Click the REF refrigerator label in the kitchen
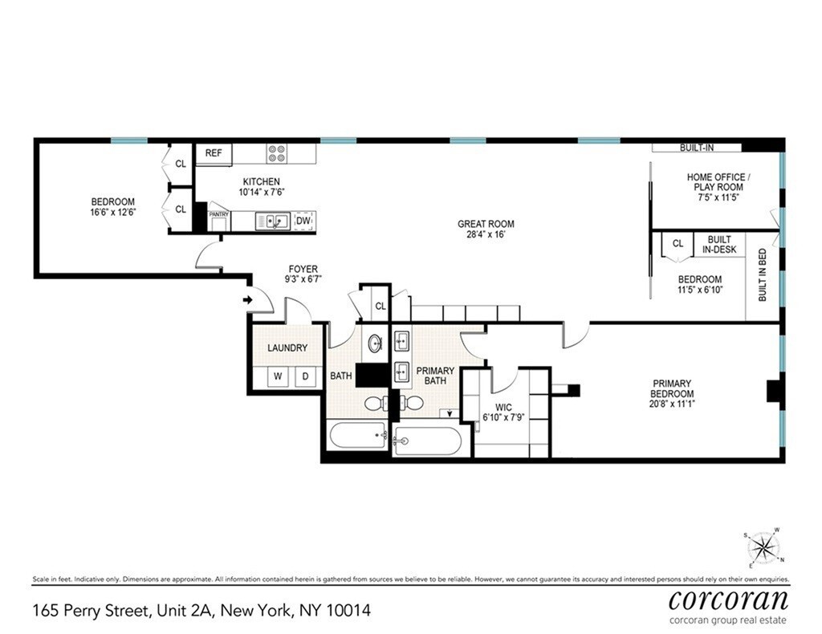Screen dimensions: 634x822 click(214, 152)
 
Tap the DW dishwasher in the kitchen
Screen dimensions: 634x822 click(303, 221)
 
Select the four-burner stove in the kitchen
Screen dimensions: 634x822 click(277, 153)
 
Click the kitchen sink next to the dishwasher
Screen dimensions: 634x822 click(273, 221)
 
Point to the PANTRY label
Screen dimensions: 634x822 click(219, 215)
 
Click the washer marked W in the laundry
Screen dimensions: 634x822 click(279, 376)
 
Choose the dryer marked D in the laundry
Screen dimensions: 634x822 click(305, 376)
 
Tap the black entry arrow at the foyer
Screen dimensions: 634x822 click(247, 300)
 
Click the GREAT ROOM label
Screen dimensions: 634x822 click(486, 230)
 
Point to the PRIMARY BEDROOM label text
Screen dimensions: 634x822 click(672, 388)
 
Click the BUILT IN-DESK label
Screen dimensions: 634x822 click(719, 245)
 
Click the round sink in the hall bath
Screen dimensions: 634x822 click(375, 344)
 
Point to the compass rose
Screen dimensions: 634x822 click(764, 549)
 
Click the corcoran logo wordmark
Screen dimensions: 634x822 click(728, 600)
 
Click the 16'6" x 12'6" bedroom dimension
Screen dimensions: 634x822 click(112, 213)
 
